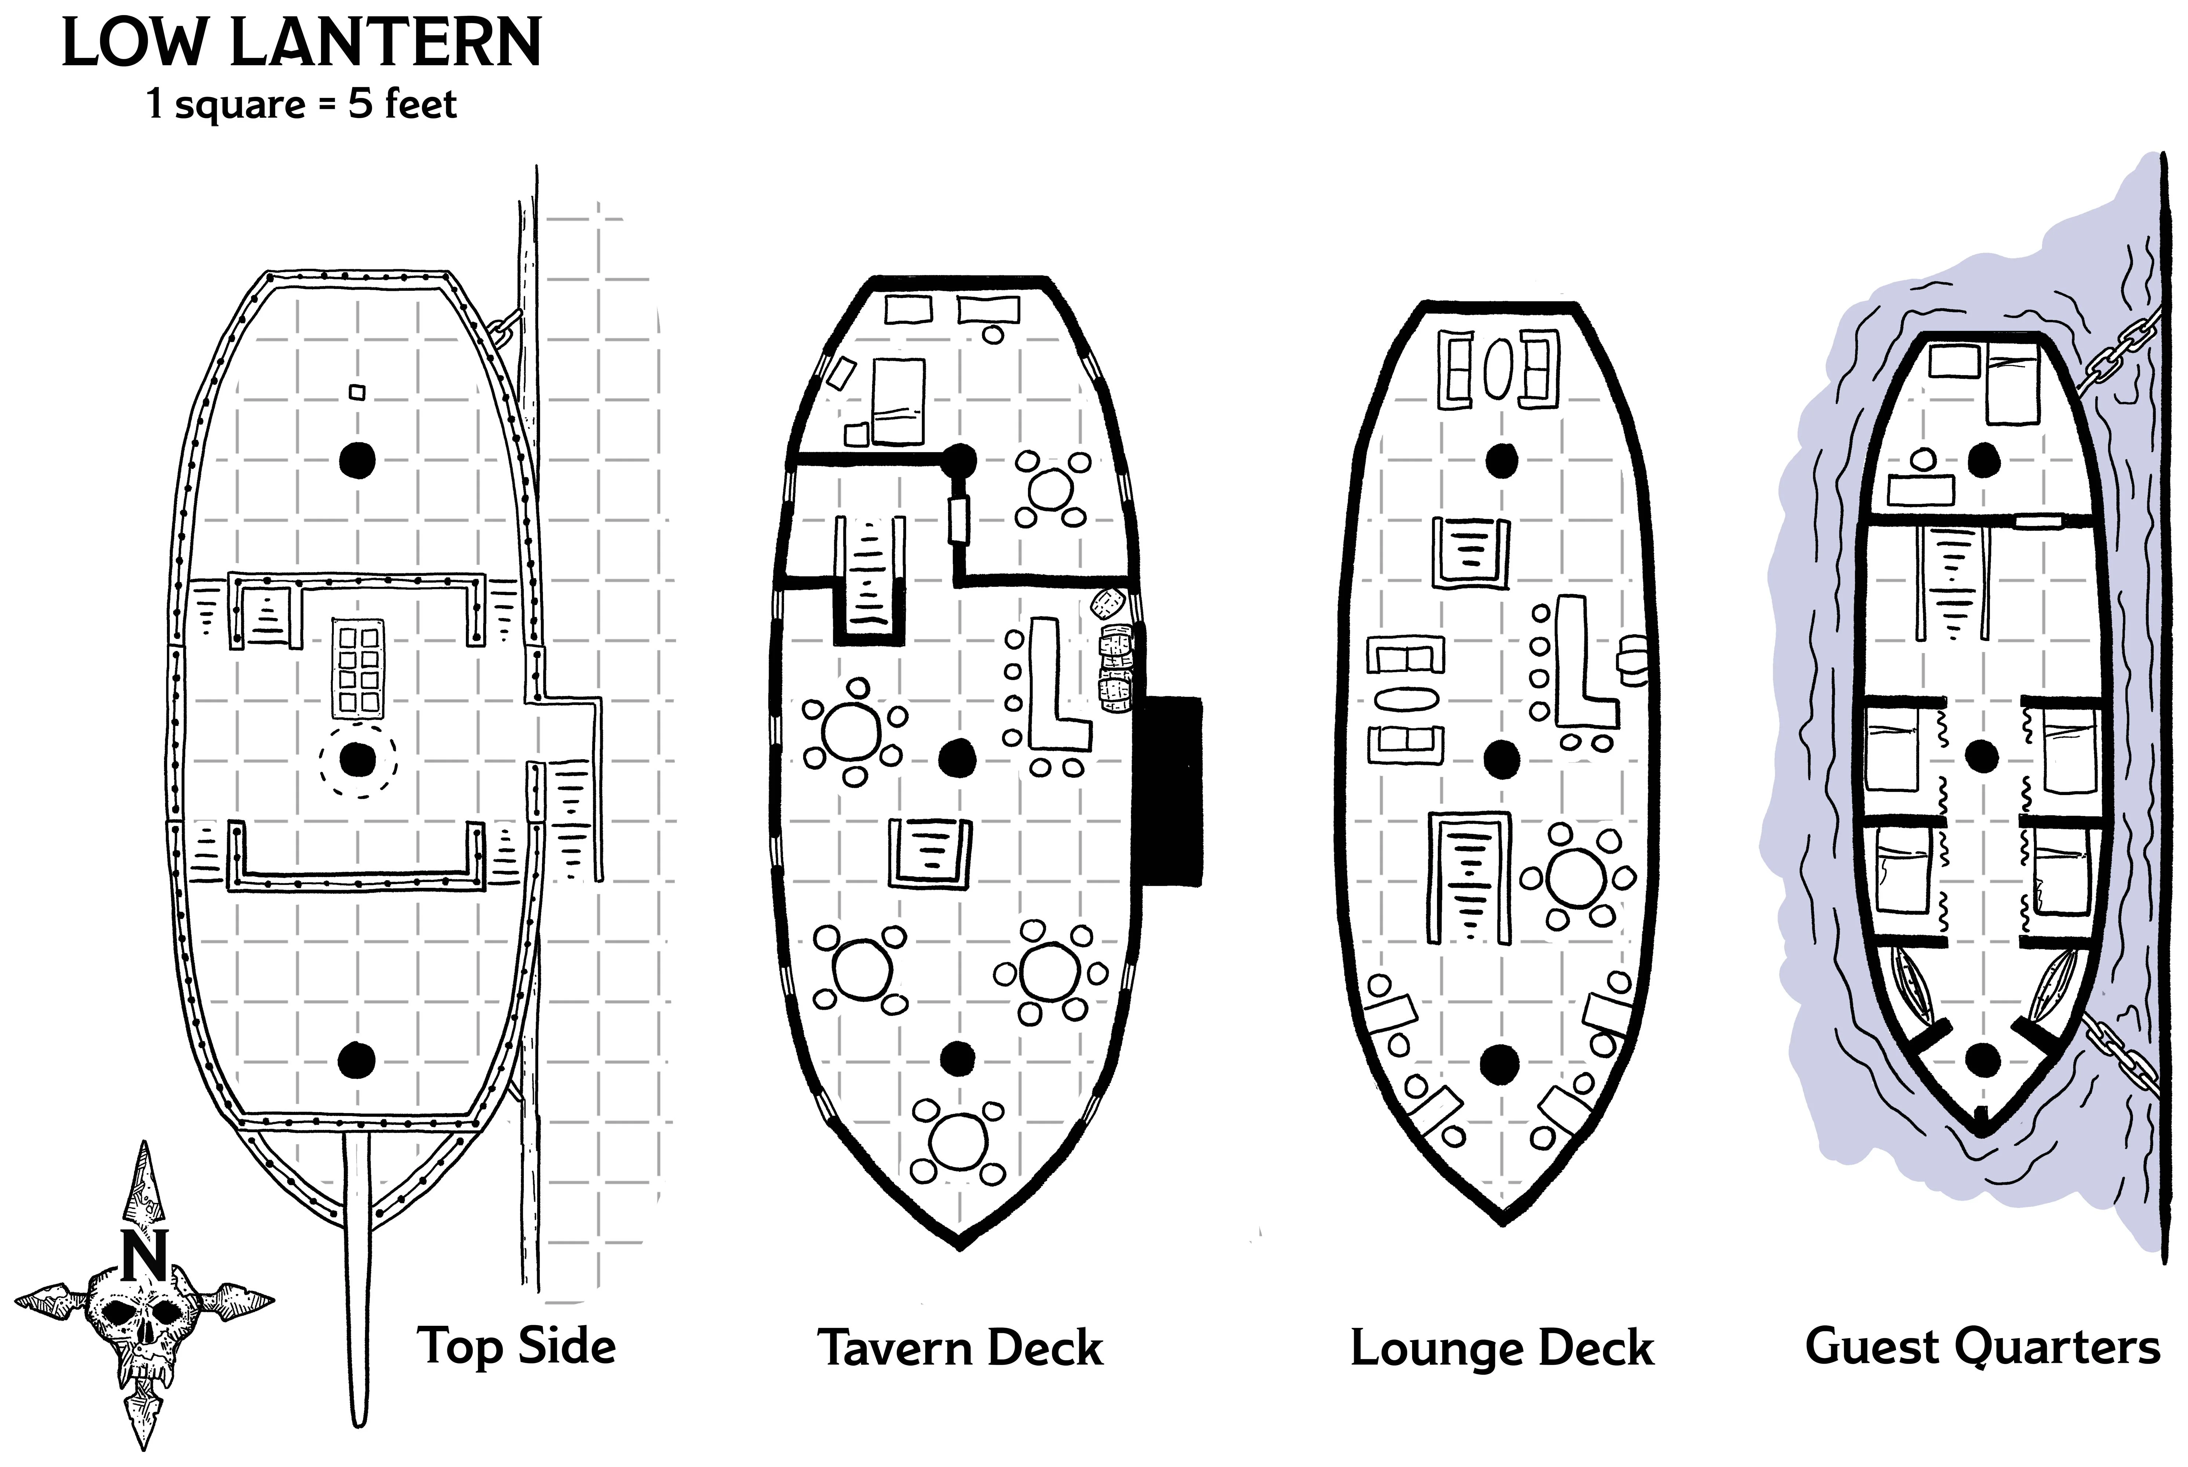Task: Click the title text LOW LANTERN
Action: pyautogui.click(x=301, y=44)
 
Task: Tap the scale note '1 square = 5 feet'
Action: pyautogui.click(x=301, y=104)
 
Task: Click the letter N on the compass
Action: pyautogui.click(x=144, y=1255)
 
